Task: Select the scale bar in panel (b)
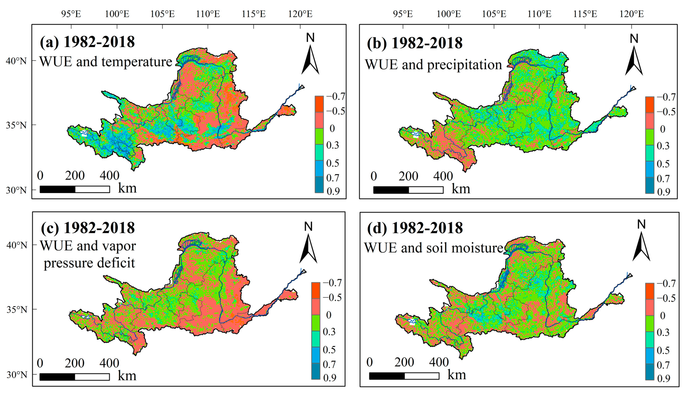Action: point(408,190)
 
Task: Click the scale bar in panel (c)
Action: point(74,377)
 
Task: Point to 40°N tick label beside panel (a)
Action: point(16,61)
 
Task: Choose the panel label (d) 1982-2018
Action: point(415,228)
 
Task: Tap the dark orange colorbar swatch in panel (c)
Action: point(316,290)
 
